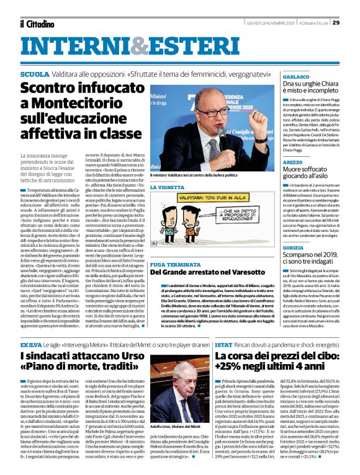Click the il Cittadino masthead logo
[x=38, y=23]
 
